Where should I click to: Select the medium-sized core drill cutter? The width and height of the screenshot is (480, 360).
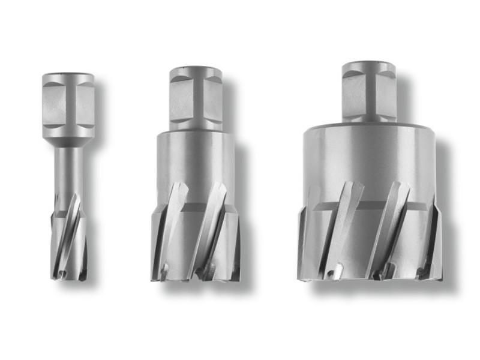click(x=196, y=180)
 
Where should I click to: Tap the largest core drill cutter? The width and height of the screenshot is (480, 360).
click(x=369, y=180)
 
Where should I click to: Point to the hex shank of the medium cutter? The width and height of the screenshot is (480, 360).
click(x=196, y=96)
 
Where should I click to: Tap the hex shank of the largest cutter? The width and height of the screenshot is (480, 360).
click(x=369, y=90)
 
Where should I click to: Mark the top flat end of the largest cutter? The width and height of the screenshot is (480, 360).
click(x=369, y=65)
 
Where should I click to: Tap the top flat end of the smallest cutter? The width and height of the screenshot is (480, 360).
click(x=68, y=76)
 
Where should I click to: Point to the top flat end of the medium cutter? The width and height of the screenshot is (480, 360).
click(x=196, y=70)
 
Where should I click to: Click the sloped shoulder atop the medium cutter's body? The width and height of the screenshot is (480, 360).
click(x=196, y=133)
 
